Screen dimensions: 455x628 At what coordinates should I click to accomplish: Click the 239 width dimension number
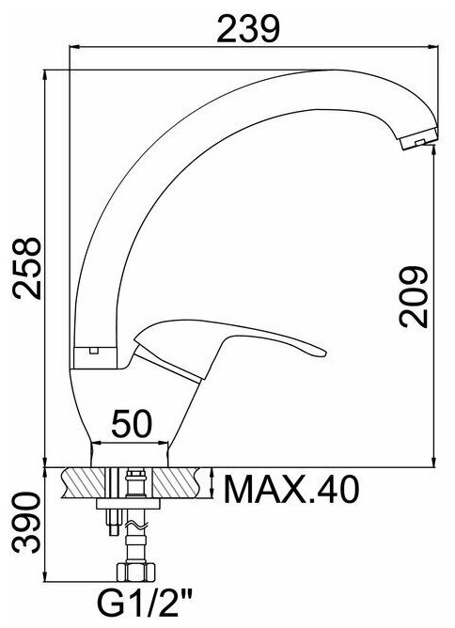click(247, 29)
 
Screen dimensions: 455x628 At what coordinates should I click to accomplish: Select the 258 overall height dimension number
click(27, 268)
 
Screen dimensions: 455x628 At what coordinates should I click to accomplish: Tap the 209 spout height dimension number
click(414, 297)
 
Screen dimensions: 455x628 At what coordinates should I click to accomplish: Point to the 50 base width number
click(132, 423)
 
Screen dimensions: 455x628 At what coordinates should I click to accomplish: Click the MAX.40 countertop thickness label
click(291, 489)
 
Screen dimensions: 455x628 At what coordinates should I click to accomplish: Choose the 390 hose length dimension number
click(27, 523)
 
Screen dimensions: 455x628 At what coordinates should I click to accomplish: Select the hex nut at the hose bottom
click(135, 572)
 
